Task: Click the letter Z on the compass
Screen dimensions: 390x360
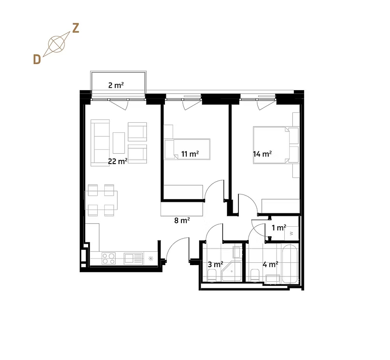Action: (76, 28)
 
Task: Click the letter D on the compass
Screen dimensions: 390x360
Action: (37, 59)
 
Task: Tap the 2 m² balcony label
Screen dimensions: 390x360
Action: (116, 85)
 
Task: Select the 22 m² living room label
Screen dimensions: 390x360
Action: (118, 161)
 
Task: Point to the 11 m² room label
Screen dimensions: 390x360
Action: (190, 154)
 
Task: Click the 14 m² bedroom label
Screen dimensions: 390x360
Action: (262, 154)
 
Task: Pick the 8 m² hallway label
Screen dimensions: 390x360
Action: (182, 221)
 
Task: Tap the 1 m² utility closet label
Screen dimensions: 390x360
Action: (279, 228)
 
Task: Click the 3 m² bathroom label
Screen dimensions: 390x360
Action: (216, 264)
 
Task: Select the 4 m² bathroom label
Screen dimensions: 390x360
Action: (271, 264)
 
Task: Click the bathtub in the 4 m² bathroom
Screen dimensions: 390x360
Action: (290, 264)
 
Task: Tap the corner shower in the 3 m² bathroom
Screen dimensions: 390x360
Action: (232, 271)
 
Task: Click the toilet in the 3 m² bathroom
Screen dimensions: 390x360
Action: (212, 276)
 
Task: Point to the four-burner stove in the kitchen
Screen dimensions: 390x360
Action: (109, 258)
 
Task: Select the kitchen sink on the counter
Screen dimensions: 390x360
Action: (134, 258)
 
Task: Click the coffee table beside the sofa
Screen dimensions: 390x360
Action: (119, 143)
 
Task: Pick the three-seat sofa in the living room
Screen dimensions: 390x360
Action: (100, 143)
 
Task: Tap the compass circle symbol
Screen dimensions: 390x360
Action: (56, 45)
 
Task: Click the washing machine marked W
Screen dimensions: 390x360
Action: (292, 233)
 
